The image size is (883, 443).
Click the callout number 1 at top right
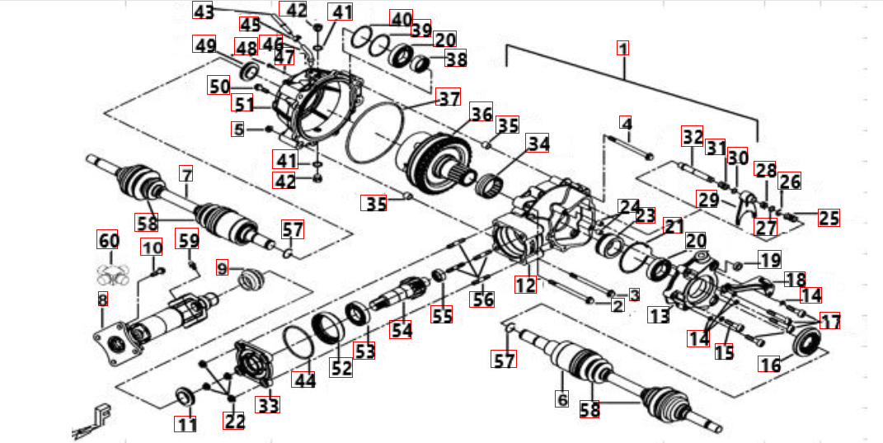(x=623, y=48)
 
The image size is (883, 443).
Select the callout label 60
(x=109, y=240)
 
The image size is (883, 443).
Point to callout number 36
(x=481, y=112)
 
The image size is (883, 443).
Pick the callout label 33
(x=268, y=405)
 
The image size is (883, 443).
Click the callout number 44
(x=305, y=380)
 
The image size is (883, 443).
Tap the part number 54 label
(x=402, y=330)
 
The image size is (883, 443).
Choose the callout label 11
(x=186, y=425)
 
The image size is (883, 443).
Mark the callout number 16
(x=771, y=365)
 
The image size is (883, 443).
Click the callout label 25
(x=829, y=218)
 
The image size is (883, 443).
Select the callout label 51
(x=243, y=105)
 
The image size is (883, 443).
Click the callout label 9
(x=222, y=267)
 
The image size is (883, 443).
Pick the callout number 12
(x=526, y=285)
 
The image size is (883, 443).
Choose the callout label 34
(x=538, y=143)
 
